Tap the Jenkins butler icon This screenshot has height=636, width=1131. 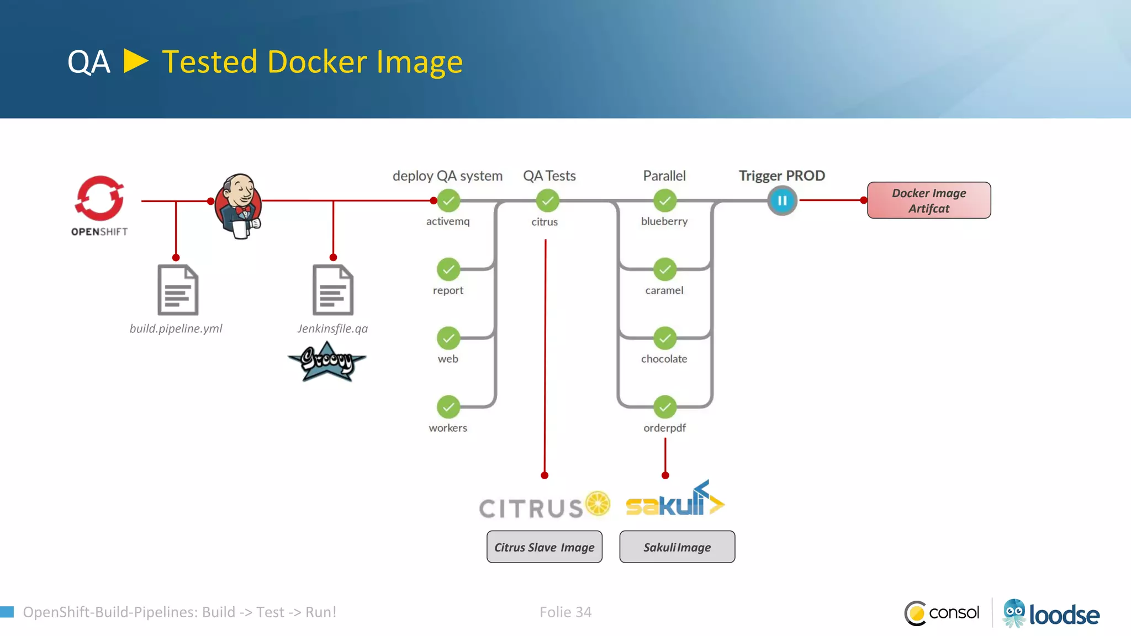pyautogui.click(x=239, y=205)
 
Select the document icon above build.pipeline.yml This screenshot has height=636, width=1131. pyautogui.click(x=178, y=290)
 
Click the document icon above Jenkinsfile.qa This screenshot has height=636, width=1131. pyautogui.click(x=333, y=290)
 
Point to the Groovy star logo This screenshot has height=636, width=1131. pyautogui.click(x=327, y=362)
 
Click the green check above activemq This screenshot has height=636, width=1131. pyautogui.click(x=448, y=201)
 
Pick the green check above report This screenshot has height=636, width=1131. pyautogui.click(x=448, y=269)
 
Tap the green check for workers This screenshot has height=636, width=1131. pyautogui.click(x=448, y=407)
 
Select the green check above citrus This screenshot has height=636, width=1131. pyautogui.click(x=547, y=201)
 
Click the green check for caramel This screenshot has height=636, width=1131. pyautogui.click(x=665, y=269)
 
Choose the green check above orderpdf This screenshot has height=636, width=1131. pyautogui.click(x=665, y=407)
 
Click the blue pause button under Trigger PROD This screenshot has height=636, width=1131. pyautogui.click(x=782, y=201)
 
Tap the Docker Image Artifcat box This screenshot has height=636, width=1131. pyautogui.click(x=929, y=200)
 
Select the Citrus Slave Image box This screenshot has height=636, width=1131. pyautogui.click(x=545, y=547)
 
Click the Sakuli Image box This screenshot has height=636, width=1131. pyautogui.click(x=677, y=547)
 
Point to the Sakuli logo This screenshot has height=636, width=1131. pyautogui.click(x=675, y=500)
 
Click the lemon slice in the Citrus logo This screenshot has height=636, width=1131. pyautogui.click(x=598, y=503)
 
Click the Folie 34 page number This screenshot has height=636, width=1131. pyautogui.click(x=565, y=612)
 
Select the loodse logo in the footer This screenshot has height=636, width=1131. pyautogui.click(x=1051, y=614)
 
